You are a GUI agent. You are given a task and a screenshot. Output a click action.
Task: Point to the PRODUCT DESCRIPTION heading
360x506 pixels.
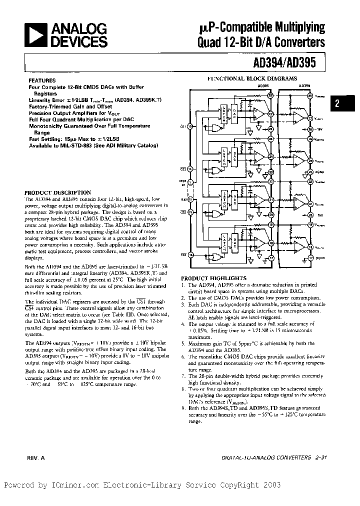58,192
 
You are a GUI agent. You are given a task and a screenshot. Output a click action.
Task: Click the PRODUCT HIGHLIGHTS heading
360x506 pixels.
213,278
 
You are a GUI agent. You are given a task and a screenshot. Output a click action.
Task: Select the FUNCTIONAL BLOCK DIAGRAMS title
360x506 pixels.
252,78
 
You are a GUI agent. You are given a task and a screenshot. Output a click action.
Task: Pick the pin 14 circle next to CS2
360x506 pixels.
189,169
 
